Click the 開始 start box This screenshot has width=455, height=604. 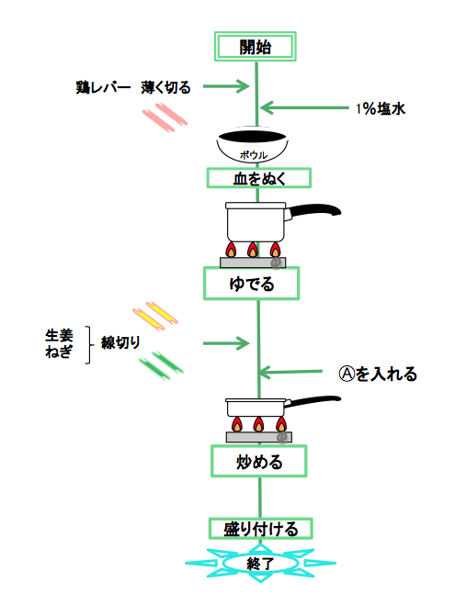point(255,47)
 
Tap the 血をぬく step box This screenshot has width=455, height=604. point(258,178)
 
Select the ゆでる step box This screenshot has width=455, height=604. point(252,284)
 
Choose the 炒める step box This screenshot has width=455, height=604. point(258,461)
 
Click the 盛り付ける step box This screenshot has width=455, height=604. point(261,529)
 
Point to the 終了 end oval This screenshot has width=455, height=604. point(261,564)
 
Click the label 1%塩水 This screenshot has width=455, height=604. point(381,108)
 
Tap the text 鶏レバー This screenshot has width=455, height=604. point(103,87)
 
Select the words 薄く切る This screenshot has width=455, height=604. point(165,87)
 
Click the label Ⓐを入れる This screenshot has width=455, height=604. point(378,374)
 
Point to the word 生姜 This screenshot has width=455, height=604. point(59,335)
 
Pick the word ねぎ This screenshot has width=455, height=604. point(59,352)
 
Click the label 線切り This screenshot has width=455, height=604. point(120,342)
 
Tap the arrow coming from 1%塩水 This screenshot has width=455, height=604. point(304,108)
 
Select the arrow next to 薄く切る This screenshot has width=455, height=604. point(226,86)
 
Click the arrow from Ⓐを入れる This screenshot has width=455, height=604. point(290,372)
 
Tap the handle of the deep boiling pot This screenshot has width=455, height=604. point(313,211)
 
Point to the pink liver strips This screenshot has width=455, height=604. point(165,117)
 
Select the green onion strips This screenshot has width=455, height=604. point(161,365)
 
